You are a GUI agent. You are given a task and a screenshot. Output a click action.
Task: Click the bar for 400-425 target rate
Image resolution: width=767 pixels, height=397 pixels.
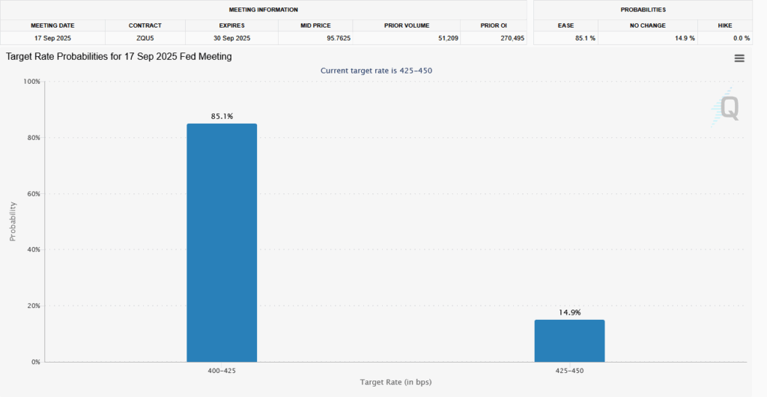pos(222,243)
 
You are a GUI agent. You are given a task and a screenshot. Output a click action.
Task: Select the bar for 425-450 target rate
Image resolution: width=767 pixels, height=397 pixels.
pos(569,341)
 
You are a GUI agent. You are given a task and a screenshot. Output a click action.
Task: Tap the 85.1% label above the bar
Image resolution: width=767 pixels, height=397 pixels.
pos(222,116)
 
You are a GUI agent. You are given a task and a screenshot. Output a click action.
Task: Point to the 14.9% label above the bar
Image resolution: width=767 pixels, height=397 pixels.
pos(569,312)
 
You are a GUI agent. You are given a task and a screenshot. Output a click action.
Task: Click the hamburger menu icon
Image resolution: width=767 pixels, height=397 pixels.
pos(739,58)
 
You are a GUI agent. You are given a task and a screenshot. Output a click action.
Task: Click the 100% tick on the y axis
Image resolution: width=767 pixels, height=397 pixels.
pos(31,82)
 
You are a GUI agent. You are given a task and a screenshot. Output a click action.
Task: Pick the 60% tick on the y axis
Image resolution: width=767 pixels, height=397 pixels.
pos(32,194)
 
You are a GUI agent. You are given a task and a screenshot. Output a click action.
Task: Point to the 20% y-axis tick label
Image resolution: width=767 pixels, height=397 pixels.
pos(32,306)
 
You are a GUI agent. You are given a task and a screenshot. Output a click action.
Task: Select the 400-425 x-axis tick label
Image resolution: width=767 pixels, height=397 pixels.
pos(222,371)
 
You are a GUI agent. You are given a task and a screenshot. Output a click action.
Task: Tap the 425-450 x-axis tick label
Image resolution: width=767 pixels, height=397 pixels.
pos(569,371)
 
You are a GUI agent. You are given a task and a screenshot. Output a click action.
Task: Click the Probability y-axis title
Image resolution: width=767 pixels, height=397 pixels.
pos(13,221)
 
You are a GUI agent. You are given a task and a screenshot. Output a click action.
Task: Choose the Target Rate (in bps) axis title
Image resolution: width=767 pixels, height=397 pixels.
pos(395,383)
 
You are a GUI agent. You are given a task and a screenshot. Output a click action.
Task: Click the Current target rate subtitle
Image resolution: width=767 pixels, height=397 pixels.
pos(376,70)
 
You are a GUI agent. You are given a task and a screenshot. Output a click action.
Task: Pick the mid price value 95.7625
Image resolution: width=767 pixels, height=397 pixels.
pos(335,37)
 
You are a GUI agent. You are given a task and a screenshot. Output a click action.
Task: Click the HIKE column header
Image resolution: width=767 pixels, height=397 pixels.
pos(724,25)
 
